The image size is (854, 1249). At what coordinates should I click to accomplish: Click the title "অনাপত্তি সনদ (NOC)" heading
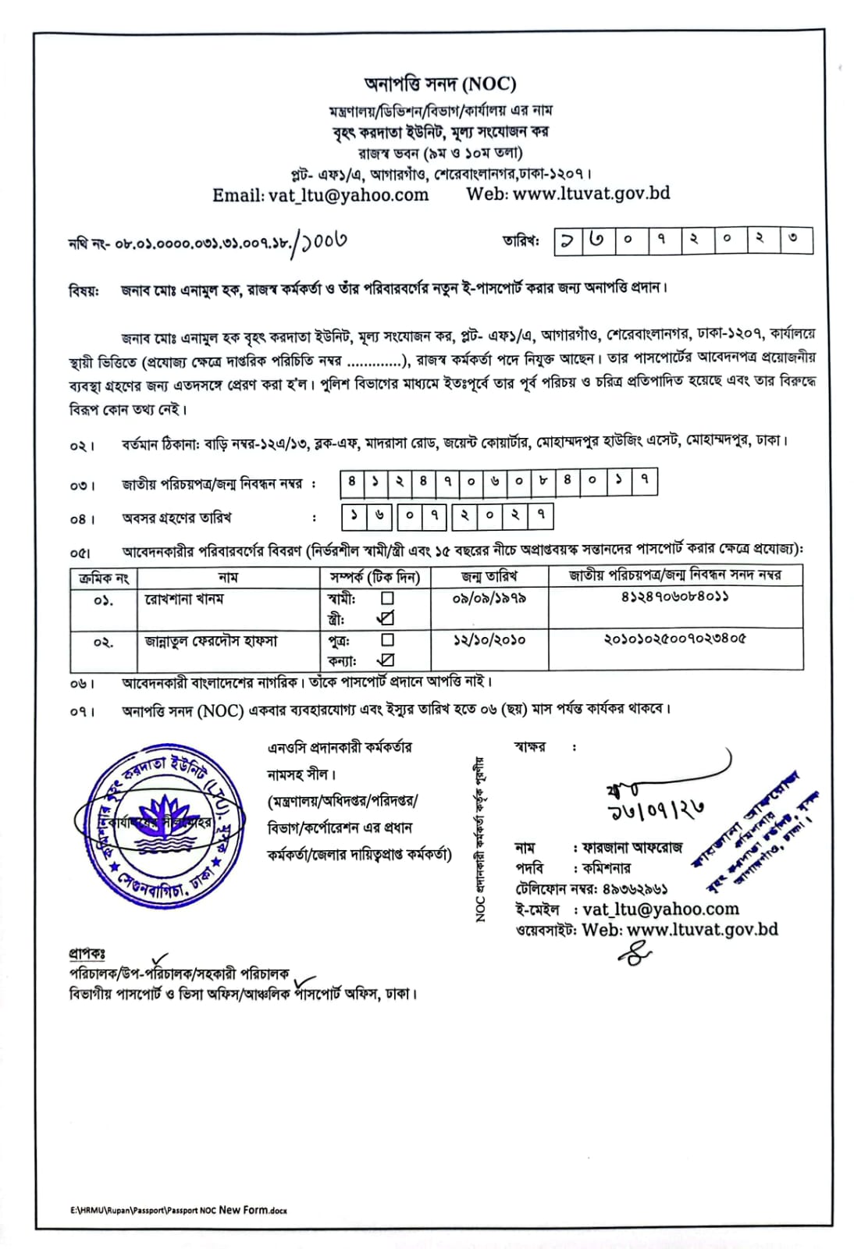pyautogui.click(x=440, y=84)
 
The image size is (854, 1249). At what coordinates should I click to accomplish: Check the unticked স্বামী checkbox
pyautogui.click(x=386, y=599)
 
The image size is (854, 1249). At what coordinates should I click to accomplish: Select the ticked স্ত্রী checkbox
pyautogui.click(x=386, y=619)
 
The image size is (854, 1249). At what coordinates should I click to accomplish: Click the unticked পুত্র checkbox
pyautogui.click(x=386, y=639)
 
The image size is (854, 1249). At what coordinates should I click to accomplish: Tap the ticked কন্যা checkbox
pyautogui.click(x=386, y=660)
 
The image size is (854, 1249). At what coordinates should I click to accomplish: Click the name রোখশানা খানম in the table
pyautogui.click(x=184, y=599)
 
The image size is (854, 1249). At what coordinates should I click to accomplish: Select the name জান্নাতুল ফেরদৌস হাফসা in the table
pyautogui.click(x=211, y=641)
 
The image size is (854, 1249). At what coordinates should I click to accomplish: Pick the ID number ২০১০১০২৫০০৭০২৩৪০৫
pyautogui.click(x=674, y=639)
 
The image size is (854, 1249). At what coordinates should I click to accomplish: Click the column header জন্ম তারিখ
pyautogui.click(x=489, y=577)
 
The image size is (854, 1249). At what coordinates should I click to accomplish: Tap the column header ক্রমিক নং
pyautogui.click(x=104, y=578)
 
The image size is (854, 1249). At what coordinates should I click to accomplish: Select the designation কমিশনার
pyautogui.click(x=607, y=868)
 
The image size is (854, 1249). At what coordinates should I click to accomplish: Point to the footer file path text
pyautogui.click(x=178, y=1210)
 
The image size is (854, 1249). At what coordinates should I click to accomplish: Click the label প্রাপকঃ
pyautogui.click(x=87, y=954)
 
